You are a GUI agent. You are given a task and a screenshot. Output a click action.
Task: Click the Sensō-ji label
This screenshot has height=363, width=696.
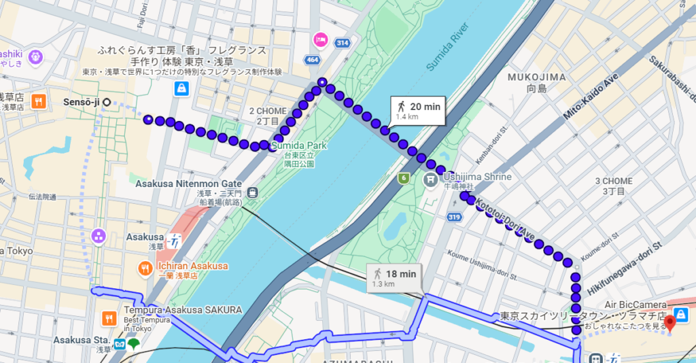point(81,103)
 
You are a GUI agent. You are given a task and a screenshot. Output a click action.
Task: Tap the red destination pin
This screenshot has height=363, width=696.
point(669,321)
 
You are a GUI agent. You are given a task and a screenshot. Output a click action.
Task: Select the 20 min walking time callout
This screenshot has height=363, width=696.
point(418,111)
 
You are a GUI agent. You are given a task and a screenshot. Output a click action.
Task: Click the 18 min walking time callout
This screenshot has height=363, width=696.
point(394,277)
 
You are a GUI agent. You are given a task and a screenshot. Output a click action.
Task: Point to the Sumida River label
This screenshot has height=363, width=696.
point(448,47)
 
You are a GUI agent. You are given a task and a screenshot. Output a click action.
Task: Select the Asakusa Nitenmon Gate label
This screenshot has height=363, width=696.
point(188,184)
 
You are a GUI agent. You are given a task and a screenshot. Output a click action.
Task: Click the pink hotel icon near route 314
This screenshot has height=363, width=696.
point(319,39)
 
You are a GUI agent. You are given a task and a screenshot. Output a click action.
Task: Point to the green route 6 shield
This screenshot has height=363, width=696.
point(403,178)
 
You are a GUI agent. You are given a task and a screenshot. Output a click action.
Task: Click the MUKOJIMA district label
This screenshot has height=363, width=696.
point(536,77)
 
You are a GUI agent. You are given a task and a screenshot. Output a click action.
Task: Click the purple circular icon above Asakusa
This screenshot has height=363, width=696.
point(99,236)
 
